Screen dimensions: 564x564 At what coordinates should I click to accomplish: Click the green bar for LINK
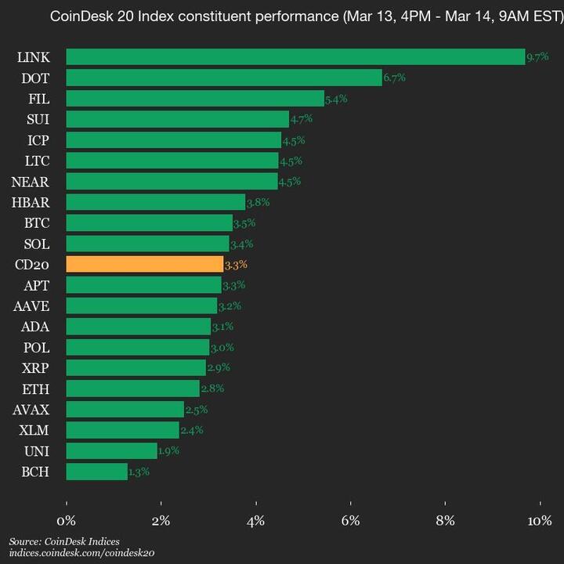click(295, 56)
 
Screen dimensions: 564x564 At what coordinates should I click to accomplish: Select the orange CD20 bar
click(145, 264)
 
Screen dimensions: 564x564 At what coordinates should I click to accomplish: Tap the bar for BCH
click(96, 472)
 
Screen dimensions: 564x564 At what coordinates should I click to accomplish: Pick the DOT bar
click(224, 78)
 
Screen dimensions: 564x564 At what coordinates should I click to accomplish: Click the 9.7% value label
click(537, 57)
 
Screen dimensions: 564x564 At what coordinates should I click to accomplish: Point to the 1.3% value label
click(139, 472)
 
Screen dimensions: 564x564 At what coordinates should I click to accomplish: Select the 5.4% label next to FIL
click(336, 99)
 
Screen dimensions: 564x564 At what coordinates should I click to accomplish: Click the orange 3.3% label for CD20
click(236, 265)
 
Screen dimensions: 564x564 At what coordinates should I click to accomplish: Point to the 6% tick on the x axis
click(351, 521)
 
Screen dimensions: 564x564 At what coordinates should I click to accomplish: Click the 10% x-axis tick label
click(540, 521)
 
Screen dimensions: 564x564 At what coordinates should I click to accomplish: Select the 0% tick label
click(67, 521)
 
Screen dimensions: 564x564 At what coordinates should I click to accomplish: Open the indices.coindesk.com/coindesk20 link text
click(81, 552)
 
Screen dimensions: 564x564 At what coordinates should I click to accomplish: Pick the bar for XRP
click(136, 367)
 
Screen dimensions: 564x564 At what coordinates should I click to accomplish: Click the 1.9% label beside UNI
click(169, 451)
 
